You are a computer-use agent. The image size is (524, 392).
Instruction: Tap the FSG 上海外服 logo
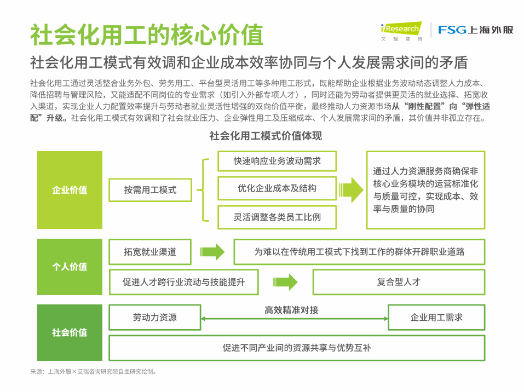coord(475,30)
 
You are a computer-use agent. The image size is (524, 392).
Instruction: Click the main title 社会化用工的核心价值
coord(146,34)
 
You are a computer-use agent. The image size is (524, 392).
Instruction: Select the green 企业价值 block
coord(70,190)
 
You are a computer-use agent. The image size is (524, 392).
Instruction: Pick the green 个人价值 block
coord(70,267)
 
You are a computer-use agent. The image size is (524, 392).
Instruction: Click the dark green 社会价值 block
coord(70,332)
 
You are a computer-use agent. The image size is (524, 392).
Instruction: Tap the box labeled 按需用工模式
coord(150,190)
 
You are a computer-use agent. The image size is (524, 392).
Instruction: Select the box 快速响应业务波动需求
coord(277,161)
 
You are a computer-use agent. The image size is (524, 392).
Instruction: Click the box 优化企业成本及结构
coord(277,188)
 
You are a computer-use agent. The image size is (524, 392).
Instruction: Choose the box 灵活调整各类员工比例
coord(277,217)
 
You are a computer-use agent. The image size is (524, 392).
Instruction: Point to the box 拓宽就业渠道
coord(150,252)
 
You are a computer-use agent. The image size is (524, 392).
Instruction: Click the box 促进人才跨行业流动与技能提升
coord(183,282)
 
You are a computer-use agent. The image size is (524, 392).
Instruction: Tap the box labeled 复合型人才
coord(399,282)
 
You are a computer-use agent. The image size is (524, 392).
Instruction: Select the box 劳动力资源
coord(154,318)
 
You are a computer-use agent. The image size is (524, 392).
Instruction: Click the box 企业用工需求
coord(436,318)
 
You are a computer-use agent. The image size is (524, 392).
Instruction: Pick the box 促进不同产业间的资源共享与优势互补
coord(297,348)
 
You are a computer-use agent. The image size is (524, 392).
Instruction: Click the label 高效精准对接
coord(291,310)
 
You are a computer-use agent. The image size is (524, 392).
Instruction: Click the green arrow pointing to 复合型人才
coord(285,282)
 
